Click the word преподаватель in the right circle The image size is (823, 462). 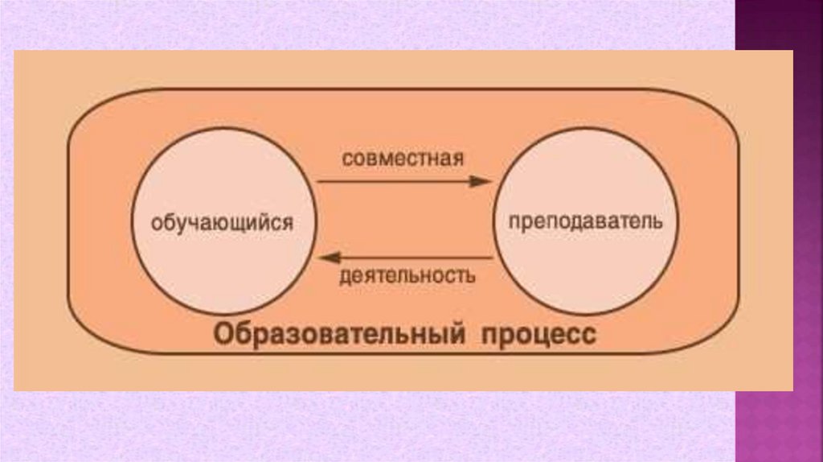tap(585, 220)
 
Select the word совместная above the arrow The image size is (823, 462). tap(403, 156)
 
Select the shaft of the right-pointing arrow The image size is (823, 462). tap(394, 181)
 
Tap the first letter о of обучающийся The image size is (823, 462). tap(157, 222)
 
